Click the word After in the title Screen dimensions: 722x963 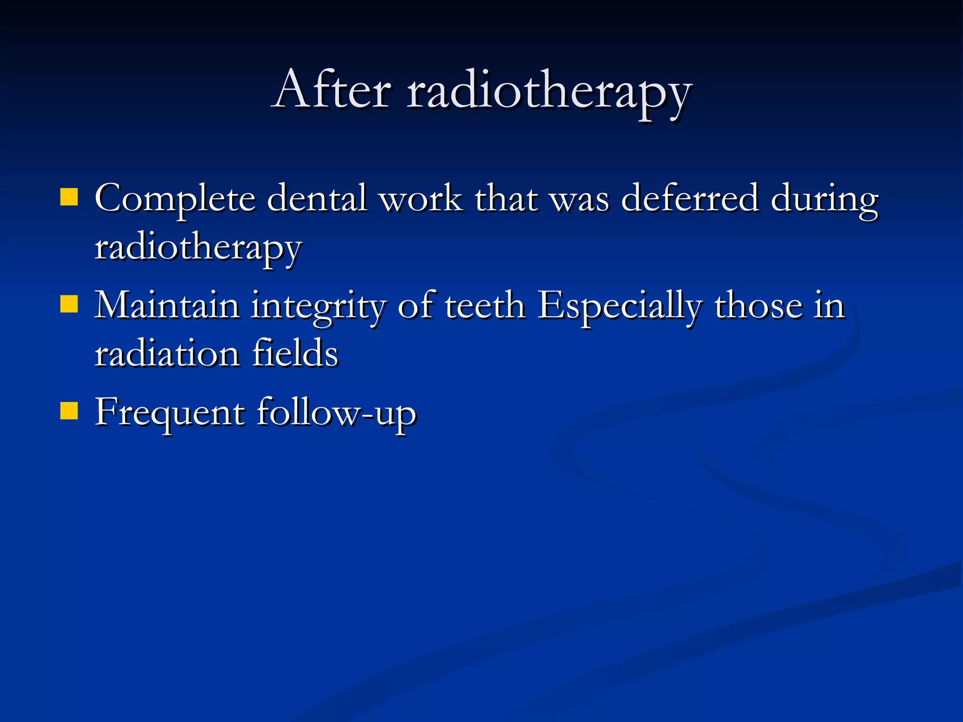pyautogui.click(x=332, y=89)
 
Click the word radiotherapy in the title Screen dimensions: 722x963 pyautogui.click(x=549, y=92)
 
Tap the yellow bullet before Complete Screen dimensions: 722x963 pyautogui.click(x=69, y=197)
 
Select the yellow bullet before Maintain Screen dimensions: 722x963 pyautogui.click(x=69, y=304)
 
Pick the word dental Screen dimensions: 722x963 pyautogui.click(x=316, y=198)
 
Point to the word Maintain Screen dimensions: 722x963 pyautogui.click(x=167, y=306)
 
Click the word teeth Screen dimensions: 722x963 pyautogui.click(x=484, y=306)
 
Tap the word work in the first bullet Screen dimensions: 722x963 pyautogui.click(x=421, y=198)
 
